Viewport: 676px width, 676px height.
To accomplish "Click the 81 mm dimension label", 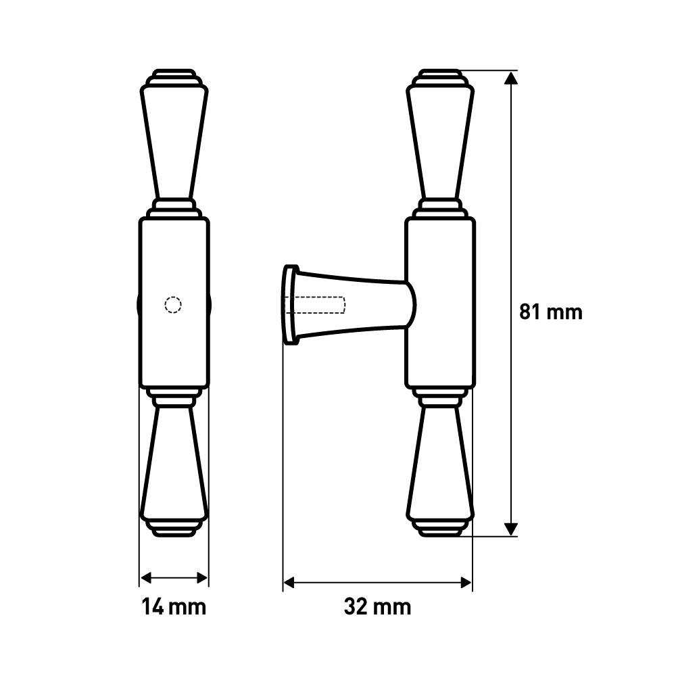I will point(550,312).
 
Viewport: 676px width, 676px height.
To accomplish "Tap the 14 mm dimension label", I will point(174,606).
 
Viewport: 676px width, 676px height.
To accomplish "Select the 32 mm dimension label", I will point(377,606).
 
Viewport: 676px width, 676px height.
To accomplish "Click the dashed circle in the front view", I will point(173,306).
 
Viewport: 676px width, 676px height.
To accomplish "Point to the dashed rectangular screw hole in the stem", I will point(318,305).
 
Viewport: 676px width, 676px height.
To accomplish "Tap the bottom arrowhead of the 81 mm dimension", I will point(512,528).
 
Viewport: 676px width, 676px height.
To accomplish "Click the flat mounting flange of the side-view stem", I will point(291,305).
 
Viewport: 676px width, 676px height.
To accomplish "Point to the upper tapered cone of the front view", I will point(174,142).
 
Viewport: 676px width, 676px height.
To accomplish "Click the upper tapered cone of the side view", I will point(440,142).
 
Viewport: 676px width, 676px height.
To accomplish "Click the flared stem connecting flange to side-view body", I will point(358,305).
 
